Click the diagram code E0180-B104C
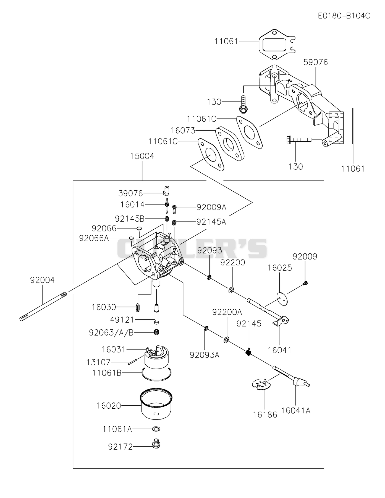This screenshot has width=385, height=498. [344, 16]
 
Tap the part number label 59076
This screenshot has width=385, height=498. [316, 62]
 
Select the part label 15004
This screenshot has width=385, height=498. [142, 156]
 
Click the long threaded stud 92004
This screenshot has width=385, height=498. [43, 306]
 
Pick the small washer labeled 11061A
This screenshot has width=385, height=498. [156, 429]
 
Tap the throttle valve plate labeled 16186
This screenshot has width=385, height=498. [261, 384]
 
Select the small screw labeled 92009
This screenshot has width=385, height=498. [305, 283]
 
